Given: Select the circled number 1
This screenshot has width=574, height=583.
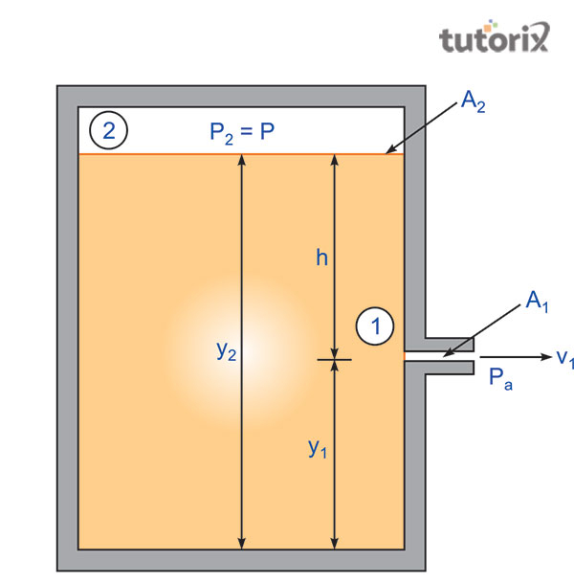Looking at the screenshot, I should point(375,326).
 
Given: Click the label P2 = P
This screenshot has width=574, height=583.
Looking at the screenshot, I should point(242,132).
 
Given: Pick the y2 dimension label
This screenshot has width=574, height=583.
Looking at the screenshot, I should point(226,350).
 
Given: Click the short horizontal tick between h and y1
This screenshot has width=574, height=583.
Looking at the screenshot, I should point(334,360).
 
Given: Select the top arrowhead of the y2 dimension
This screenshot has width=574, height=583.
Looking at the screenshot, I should point(240,162).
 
